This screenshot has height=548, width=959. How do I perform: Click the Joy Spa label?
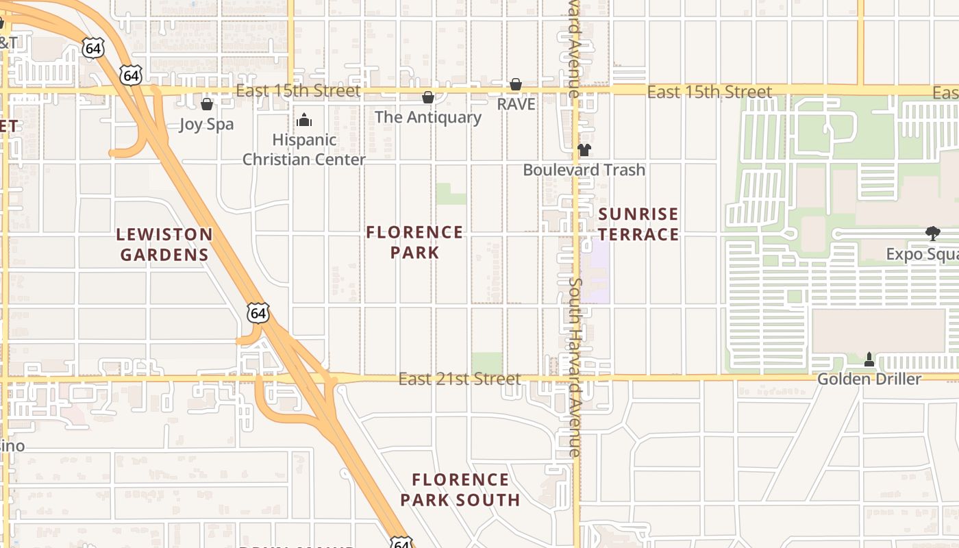tap(206, 125)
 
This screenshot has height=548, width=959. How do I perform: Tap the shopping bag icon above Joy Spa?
tap(207, 104)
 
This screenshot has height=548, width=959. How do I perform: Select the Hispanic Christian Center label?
tap(304, 149)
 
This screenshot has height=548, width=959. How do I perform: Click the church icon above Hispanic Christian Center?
tap(304, 121)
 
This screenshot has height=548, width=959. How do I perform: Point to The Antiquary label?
tap(428, 117)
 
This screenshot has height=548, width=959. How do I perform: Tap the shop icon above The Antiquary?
tap(428, 98)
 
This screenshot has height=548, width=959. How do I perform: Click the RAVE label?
tap(516, 104)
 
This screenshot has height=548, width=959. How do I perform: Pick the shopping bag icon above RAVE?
tap(516, 84)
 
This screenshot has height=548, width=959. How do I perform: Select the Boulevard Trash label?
tap(584, 170)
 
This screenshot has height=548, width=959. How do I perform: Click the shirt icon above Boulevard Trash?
tap(584, 150)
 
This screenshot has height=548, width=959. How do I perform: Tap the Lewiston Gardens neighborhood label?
tap(164, 245)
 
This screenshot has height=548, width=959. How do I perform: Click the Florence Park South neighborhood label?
tap(460, 490)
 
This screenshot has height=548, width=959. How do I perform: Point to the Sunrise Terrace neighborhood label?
tap(638, 224)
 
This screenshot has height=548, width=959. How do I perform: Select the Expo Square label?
tap(922, 254)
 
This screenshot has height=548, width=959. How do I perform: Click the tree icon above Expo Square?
tap(932, 234)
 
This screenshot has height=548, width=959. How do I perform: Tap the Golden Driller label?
tap(869, 379)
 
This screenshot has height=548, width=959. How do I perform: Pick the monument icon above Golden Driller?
tap(869, 359)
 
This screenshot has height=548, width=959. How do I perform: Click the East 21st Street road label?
tap(460, 379)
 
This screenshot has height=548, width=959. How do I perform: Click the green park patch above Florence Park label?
tap(451, 194)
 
